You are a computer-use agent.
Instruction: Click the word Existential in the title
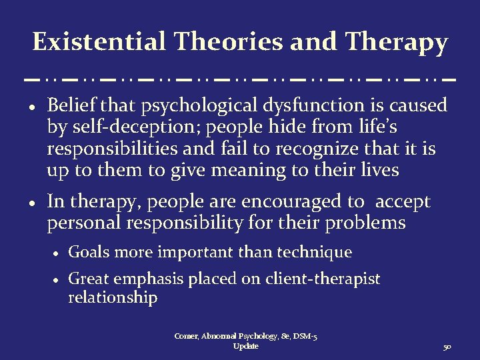click(99, 42)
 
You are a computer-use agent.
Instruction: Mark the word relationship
click(113, 297)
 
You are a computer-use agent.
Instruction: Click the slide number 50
click(446, 347)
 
